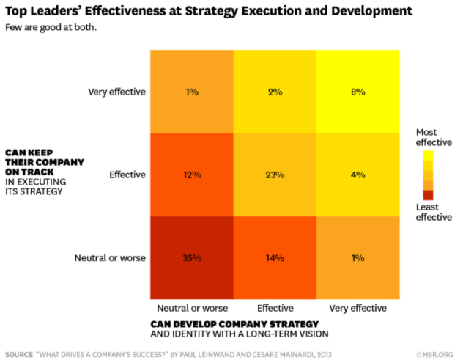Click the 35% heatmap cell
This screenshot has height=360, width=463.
[x=192, y=257]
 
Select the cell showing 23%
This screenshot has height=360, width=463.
[x=275, y=175]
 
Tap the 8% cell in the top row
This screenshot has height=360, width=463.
[x=358, y=92]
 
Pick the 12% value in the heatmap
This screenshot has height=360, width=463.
[x=192, y=175]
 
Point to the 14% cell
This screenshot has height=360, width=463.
[x=275, y=257]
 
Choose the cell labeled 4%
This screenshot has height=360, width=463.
[x=358, y=175]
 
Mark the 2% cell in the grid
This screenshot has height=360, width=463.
[x=275, y=92]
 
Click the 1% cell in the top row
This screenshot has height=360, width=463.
[x=192, y=92]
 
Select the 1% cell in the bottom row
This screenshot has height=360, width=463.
[x=358, y=257]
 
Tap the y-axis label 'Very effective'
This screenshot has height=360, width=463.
[x=117, y=92]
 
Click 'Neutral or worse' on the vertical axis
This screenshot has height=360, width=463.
[x=111, y=257]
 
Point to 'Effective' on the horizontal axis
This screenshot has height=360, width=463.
[x=275, y=308]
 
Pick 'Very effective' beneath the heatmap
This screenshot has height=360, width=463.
[x=358, y=308]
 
